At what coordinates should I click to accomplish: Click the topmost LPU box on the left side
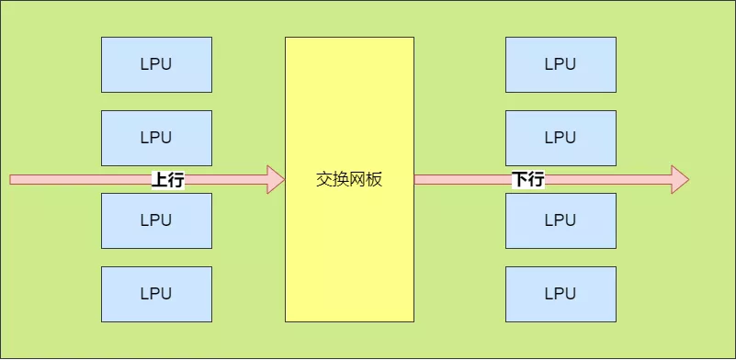(156, 64)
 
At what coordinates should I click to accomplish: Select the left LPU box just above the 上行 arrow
(156, 138)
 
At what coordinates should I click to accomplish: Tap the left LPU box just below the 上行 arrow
(156, 220)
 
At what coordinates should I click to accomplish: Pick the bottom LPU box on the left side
(156, 294)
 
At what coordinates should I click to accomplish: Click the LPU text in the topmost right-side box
(560, 64)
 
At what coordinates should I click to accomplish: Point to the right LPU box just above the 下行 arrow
(560, 138)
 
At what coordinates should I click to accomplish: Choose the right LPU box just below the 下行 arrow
(560, 220)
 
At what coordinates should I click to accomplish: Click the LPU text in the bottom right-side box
(560, 294)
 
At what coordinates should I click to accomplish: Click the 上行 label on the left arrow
(168, 180)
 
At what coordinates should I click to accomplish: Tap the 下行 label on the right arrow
(527, 180)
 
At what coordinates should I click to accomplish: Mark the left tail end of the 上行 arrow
(13, 180)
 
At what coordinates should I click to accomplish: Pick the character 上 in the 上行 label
(160, 180)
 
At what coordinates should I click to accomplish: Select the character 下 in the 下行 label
(519, 180)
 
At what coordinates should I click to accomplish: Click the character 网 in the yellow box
(357, 180)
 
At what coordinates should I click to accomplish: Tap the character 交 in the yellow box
(324, 180)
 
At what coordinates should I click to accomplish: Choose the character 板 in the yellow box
(374, 180)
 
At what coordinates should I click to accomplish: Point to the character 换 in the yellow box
(341, 180)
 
